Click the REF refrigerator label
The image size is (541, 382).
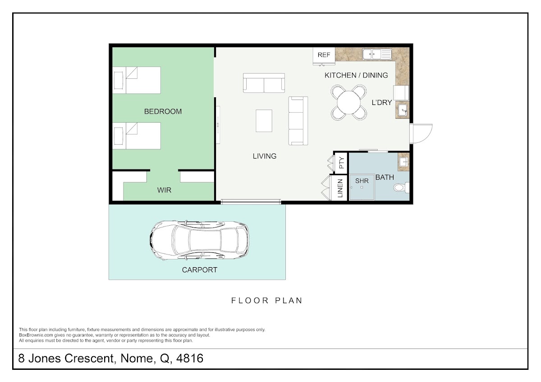[324, 55]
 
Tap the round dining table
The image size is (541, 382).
[349, 102]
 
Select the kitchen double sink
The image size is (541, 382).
[377, 55]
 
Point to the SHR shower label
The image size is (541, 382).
[362, 181]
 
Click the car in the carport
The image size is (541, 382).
[199, 240]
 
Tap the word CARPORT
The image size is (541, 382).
[199, 270]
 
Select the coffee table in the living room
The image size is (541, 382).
[264, 121]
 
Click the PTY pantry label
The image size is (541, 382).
[342, 163]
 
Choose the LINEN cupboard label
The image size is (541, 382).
[340, 188]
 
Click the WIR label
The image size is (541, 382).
[164, 190]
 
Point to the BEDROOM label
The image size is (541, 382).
[163, 111]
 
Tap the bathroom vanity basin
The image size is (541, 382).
[403, 162]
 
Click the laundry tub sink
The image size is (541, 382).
[402, 110]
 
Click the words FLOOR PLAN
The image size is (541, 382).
[266, 300]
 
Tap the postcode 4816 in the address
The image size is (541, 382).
[190, 358]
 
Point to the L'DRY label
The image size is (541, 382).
[381, 103]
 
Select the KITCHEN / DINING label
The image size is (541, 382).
[356, 75]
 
